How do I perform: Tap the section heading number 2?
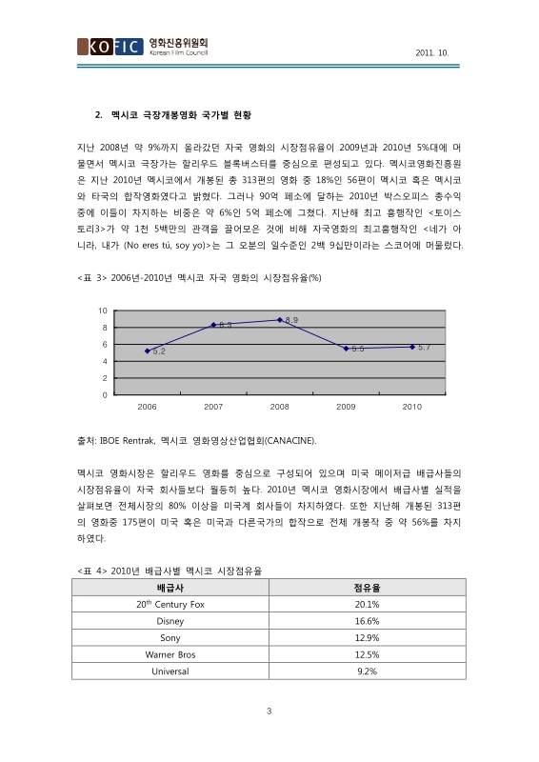tap(98, 116)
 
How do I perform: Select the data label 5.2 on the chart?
tap(159, 351)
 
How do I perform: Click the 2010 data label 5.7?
tap(424, 347)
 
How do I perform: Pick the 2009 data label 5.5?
tap(358, 349)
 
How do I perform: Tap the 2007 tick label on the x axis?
tap(213, 407)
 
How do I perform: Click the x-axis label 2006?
tap(148, 407)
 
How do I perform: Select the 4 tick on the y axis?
tap(104, 361)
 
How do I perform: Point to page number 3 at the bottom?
tap(269, 711)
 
